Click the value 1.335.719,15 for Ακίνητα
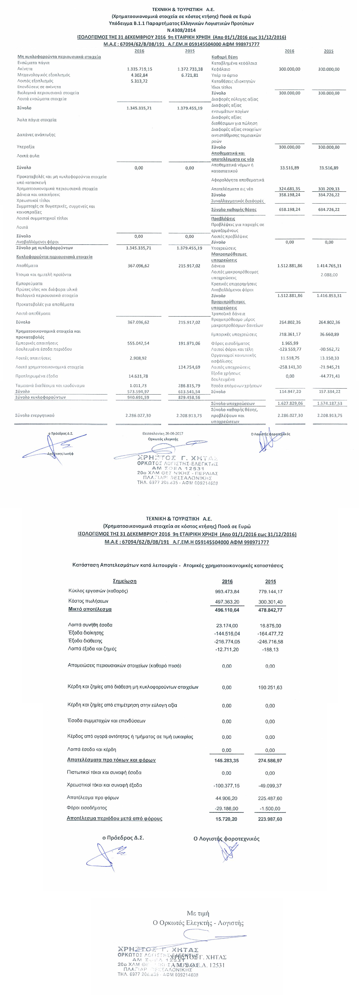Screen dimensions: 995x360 point(139,69)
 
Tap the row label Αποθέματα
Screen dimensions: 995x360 point(27,266)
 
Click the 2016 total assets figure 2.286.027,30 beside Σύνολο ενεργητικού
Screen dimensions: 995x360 point(138,416)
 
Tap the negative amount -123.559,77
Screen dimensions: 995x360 point(290,349)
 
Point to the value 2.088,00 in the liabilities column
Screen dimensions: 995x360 point(329,275)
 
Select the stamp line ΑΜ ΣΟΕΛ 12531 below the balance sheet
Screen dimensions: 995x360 point(170,468)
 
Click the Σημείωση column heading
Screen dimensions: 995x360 point(124,581)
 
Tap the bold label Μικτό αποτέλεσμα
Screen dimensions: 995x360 point(90,609)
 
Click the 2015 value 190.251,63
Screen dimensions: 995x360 point(270,687)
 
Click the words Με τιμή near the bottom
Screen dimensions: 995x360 point(198,913)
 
